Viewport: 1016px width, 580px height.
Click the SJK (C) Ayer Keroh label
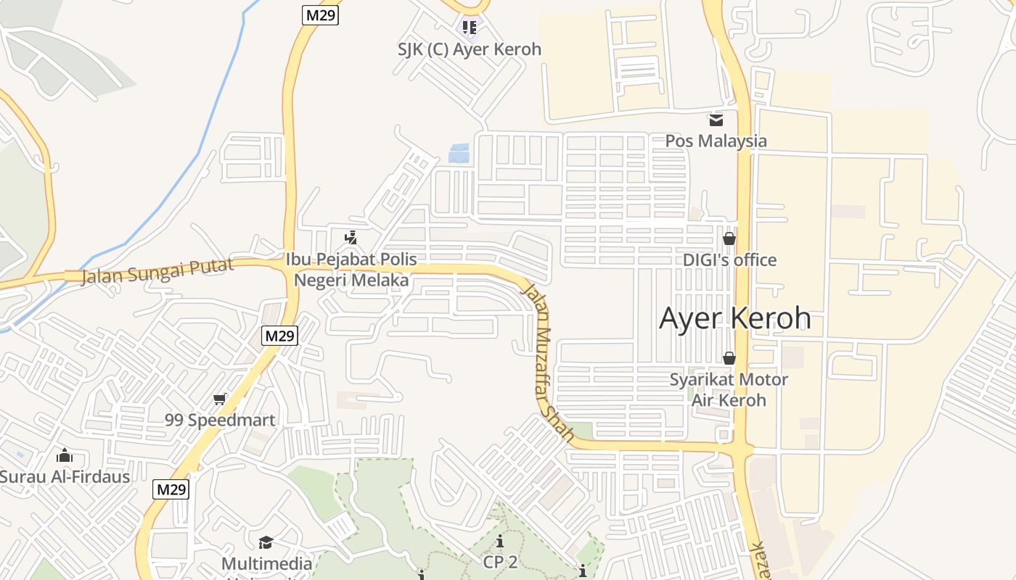(x=470, y=49)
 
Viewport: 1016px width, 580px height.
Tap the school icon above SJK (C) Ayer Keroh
(x=470, y=28)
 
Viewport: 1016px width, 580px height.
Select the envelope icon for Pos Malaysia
(x=716, y=120)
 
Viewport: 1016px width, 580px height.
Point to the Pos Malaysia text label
(x=716, y=141)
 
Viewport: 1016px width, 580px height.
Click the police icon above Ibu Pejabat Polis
(x=351, y=237)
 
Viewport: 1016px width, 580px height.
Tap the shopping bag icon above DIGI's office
(x=729, y=238)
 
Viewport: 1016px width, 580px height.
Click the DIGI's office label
(x=729, y=260)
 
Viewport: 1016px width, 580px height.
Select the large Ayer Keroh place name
(x=734, y=318)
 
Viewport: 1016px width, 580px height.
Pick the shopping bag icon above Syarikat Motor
(x=729, y=358)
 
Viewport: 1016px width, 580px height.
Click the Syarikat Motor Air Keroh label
(x=729, y=389)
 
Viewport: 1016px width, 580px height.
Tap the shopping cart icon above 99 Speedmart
(x=220, y=399)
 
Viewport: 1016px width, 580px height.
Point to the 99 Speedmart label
(x=220, y=420)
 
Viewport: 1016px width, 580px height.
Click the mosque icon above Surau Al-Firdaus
(x=65, y=455)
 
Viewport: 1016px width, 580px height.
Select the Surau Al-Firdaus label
(x=65, y=476)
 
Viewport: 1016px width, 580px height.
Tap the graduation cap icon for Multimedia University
(x=266, y=542)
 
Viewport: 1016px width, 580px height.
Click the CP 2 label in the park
(x=500, y=562)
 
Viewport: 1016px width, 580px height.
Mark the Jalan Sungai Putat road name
(x=157, y=270)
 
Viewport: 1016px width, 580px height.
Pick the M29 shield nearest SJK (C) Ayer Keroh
(x=321, y=14)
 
